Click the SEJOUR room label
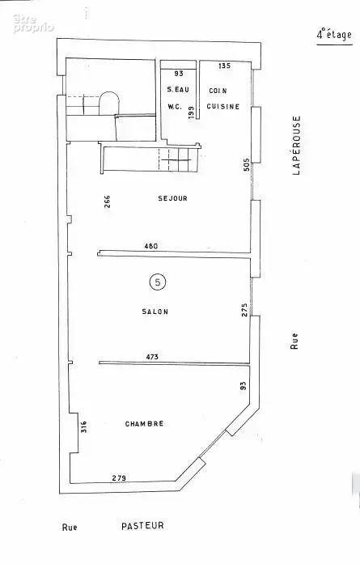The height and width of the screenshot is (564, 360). pos(172,198)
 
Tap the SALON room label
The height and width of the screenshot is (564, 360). pos(155,312)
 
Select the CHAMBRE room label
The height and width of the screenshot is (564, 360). pos(144,424)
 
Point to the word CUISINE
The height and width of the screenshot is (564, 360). pos(223,107)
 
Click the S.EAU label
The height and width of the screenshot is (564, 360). pos(178,90)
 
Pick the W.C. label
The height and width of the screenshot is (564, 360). pos(175,107)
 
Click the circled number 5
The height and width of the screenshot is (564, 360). pos(158,282)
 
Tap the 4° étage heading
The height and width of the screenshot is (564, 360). pos(334,35)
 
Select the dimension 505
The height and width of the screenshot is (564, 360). pos(247,165)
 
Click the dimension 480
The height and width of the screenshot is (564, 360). pos(150,246)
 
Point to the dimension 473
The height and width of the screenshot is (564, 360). pos(152,357)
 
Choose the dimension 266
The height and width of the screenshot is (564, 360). pos(107,201)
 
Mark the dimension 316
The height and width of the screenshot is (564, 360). pos(84,426)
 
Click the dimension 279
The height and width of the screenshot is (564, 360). pos(119,478)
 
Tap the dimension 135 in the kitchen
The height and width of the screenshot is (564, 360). pos(224,66)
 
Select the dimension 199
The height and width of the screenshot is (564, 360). pos(191,112)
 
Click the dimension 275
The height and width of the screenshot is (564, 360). pos(244,310)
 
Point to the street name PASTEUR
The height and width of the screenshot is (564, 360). pos(142,525)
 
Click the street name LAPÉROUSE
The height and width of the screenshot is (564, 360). pos(296,145)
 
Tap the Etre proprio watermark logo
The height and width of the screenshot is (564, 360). pos(33,23)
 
